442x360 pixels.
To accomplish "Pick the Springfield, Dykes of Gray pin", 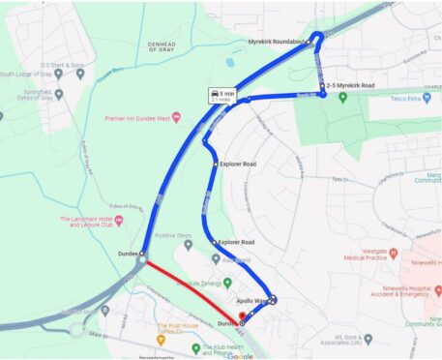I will pyautogui.click(x=60, y=95).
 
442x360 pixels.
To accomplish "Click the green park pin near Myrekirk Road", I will pyautogui.click(x=342, y=98).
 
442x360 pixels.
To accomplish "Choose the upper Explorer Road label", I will pyautogui.click(x=237, y=165).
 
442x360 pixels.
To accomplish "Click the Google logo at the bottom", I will pyautogui.click(x=241, y=355).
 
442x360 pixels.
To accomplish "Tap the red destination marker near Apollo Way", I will pyautogui.click(x=242, y=315).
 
